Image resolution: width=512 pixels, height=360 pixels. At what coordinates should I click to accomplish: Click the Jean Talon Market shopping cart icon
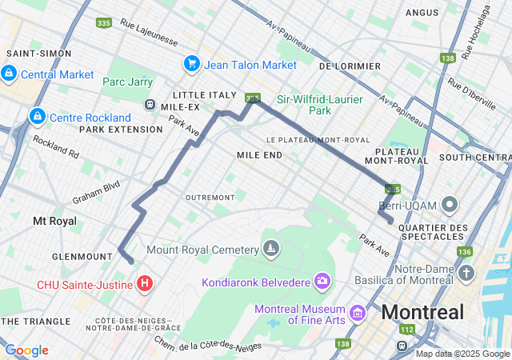point(191,63)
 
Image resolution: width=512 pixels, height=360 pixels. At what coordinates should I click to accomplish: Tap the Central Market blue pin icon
point(9,74)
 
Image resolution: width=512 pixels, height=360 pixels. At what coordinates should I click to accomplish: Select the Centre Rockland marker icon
point(37,117)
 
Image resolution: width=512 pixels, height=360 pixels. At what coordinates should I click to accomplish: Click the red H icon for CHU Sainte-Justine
point(145,283)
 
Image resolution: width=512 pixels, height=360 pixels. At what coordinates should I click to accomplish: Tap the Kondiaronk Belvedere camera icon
point(322,281)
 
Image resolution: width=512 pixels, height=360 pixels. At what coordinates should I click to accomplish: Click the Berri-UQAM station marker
point(450,206)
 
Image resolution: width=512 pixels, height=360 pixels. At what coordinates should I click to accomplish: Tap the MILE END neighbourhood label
point(259,154)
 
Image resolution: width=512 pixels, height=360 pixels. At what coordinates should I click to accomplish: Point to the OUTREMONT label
point(210,197)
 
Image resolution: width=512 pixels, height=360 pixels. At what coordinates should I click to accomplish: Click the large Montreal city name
point(422,312)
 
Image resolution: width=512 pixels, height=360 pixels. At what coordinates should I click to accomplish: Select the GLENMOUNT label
point(82,256)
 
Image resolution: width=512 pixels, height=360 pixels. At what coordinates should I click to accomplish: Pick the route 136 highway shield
point(465,252)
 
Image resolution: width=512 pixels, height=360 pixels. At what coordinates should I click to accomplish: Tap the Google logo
point(26,350)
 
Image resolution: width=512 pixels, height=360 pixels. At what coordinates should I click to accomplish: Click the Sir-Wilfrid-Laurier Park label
point(320,105)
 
